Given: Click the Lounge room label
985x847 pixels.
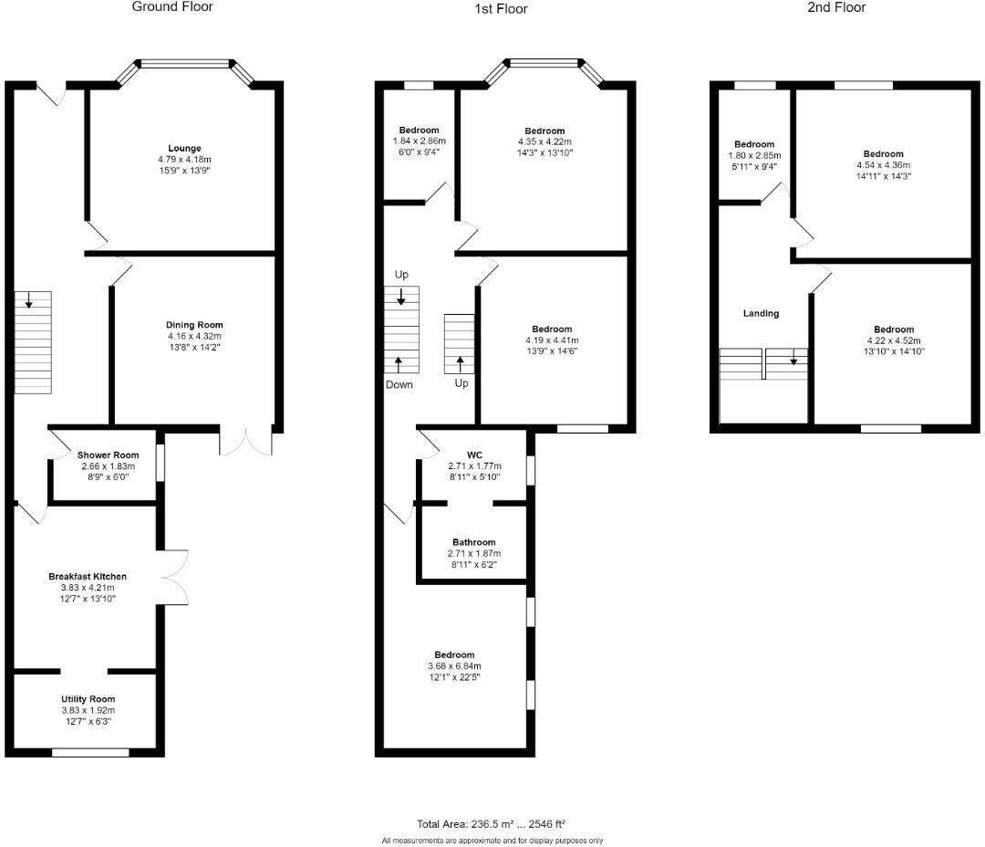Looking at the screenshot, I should (x=184, y=148).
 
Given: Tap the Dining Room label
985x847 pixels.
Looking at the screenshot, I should (x=193, y=325).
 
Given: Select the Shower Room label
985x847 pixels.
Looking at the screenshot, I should (x=108, y=455).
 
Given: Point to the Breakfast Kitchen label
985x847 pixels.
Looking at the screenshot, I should (x=88, y=577).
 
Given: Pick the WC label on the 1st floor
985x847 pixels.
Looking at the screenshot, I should (x=474, y=454).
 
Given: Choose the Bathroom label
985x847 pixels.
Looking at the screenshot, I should (x=474, y=542).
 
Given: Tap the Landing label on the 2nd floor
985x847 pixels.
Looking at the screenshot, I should (x=761, y=313).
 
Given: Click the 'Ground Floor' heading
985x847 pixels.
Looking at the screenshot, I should (x=172, y=7).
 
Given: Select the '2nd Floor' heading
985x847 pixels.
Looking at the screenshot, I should (x=836, y=7).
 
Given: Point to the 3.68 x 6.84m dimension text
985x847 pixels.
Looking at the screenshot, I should (x=454, y=665).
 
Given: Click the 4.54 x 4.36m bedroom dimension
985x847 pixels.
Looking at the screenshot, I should (x=884, y=165).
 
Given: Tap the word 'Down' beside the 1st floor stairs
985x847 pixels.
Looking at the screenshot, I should (x=399, y=384).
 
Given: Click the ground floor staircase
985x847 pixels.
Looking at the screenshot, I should (x=33, y=342).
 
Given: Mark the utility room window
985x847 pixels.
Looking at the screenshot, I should (x=90, y=752).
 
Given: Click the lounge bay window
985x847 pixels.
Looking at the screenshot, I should (x=186, y=65).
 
